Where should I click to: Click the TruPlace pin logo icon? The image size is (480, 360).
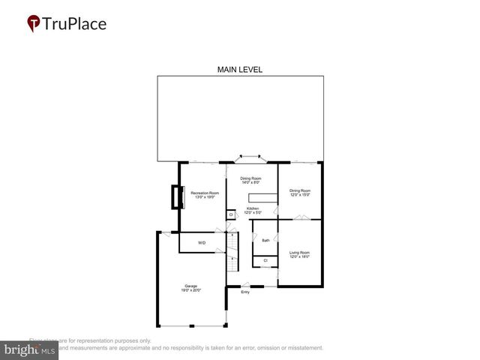coord(34,24)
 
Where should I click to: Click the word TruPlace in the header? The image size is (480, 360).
coord(73,23)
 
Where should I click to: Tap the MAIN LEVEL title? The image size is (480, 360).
coord(239,70)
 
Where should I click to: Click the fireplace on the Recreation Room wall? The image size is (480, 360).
coord(176,197)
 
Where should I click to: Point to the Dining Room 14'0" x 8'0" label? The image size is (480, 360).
coord(250,180)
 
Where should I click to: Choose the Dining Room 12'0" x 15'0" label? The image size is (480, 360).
coord(300,193)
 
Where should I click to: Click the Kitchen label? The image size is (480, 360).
coord(252,210)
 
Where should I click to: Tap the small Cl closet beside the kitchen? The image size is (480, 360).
coord(230,214)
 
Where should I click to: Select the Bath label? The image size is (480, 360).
coord(265,240)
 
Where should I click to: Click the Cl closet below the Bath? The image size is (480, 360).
coord(265,260)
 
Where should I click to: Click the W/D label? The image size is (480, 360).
coord(202,243)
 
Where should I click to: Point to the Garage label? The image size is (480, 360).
coord(191,287)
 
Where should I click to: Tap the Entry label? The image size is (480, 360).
coord(244,292)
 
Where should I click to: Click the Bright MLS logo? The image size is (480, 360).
coord(29,350)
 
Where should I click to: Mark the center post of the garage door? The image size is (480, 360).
coord(192,326)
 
